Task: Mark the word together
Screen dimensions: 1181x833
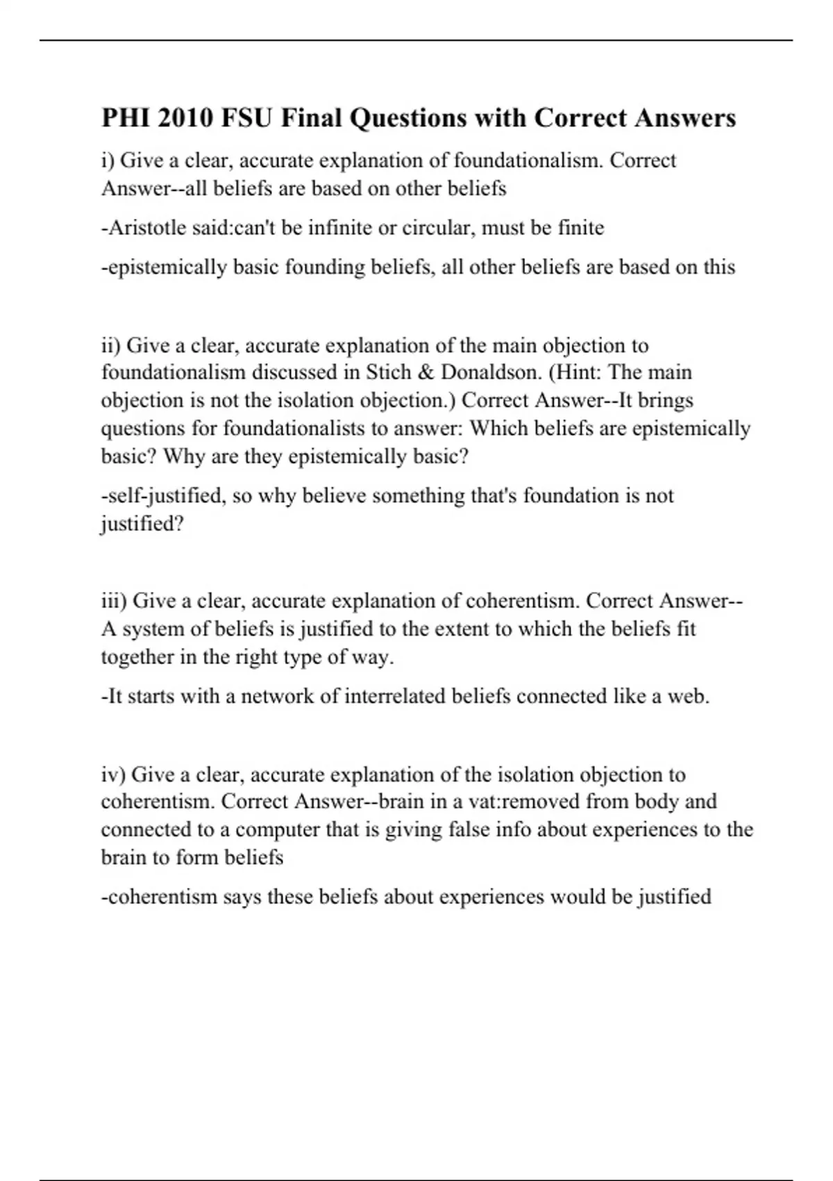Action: click(x=137, y=656)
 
